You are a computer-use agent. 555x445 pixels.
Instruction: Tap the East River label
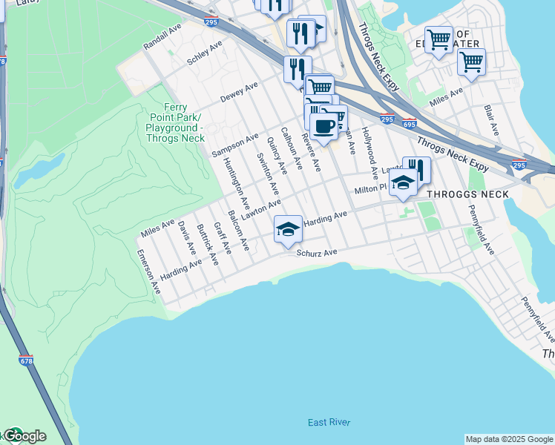pos(329,423)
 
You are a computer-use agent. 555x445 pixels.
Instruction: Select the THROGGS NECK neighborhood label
pos(467,194)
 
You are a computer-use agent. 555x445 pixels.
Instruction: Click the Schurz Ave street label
pos(317,253)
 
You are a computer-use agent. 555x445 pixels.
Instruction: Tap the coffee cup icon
pos(324,126)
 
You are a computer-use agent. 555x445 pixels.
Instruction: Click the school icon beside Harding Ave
pos(288,229)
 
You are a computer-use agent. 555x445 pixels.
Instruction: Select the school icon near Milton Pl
pos(403,182)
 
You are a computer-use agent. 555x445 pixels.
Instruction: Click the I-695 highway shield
pos(409,124)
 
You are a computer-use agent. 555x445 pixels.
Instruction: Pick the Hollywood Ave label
pos(369,153)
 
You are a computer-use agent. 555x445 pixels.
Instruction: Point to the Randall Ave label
pos(162,34)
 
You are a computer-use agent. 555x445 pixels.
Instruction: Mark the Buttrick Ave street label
pos(208,245)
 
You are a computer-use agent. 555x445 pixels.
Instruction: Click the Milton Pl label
pos(371,190)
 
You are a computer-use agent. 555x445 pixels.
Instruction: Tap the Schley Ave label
pos(205,53)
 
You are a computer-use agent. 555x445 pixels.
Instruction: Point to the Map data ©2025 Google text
pos(509,439)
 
